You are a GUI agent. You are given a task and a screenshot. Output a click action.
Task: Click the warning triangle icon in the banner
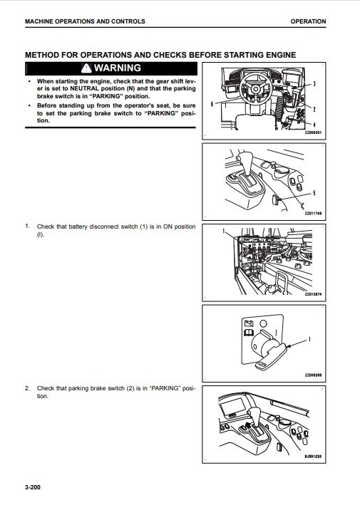pos(86,68)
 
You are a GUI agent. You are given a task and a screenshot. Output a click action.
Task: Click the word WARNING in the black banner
pos(118,68)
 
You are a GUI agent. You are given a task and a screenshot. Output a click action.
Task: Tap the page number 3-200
pos(33,487)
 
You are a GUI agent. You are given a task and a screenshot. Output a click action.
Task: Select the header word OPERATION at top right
pos(308,21)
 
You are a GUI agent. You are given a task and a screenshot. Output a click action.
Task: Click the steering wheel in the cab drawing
pos(255,88)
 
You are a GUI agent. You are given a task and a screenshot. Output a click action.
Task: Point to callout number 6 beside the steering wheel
pos(212,104)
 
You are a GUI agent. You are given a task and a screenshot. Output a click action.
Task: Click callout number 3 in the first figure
pos(314,83)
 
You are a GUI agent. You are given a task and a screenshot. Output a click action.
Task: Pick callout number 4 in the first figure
pos(314,125)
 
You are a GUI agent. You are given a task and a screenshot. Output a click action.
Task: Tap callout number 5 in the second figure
pos(314,193)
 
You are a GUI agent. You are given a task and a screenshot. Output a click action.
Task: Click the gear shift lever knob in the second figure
pos(243,160)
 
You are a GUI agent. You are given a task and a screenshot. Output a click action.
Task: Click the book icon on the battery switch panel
pos(248,333)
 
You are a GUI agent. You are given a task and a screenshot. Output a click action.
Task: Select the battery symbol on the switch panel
pos(248,323)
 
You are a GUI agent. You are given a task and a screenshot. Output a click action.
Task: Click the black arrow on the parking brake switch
pos(247,425)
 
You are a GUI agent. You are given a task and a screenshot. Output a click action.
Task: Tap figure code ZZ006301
pos(313,132)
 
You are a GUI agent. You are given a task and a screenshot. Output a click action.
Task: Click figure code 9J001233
pos(313,457)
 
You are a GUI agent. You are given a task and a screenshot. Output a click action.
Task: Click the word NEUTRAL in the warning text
pos(85,88)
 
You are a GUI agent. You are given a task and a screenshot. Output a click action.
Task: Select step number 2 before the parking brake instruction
pos(27,388)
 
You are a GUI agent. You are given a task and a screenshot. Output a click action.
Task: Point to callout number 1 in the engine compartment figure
pos(223,231)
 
